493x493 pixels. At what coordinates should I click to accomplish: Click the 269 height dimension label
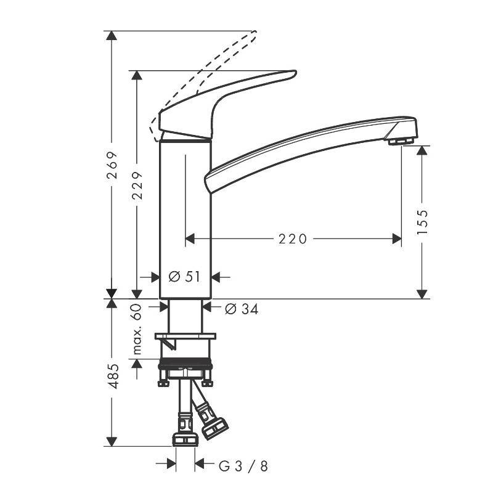[112, 165]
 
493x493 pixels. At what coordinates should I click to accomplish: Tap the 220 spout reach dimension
[293, 238]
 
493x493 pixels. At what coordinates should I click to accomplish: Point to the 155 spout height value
[422, 222]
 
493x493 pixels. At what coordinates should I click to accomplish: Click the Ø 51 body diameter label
[185, 277]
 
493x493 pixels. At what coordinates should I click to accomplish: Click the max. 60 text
[137, 330]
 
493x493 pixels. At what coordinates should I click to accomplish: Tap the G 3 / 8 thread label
[243, 465]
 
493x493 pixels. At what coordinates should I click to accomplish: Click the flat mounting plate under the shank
[185, 336]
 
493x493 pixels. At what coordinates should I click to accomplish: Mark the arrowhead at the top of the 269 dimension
[112, 36]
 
